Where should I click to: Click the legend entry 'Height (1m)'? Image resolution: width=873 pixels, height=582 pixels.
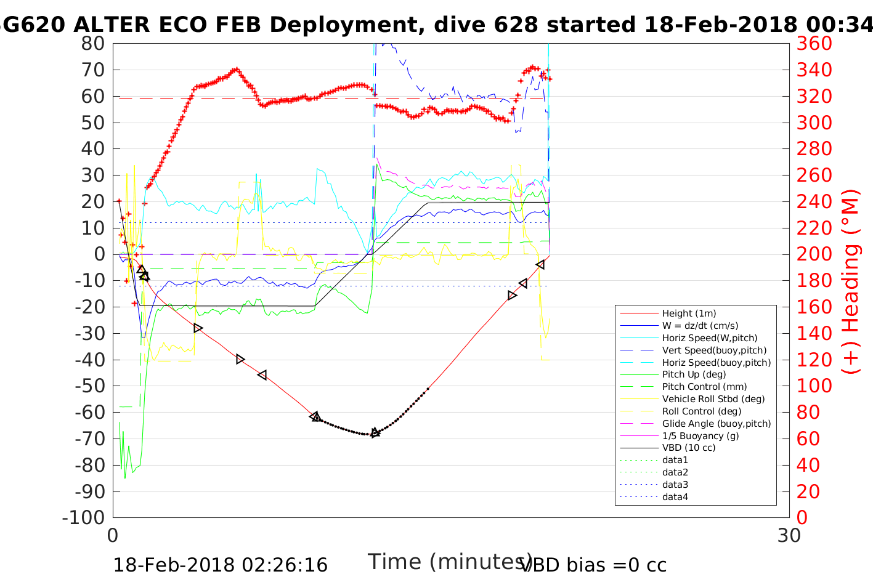[689, 313]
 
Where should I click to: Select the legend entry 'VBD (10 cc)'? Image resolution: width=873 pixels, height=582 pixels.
[689, 448]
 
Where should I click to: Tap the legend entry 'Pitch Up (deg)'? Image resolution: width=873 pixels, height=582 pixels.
[694, 374]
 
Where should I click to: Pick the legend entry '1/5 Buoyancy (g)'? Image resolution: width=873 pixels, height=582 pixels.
[700, 436]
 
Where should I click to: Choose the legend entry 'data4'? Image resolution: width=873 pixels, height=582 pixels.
[675, 497]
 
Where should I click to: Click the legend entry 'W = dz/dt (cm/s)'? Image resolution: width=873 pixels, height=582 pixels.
[700, 326]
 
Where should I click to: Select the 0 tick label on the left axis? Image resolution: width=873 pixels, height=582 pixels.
[99, 254]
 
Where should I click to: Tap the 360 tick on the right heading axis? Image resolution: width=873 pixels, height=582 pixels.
[814, 44]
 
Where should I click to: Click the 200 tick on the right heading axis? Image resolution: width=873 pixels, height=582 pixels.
[814, 254]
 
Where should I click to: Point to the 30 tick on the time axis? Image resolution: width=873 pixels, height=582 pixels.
[789, 536]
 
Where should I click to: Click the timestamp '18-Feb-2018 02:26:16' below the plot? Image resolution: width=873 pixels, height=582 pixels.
[220, 565]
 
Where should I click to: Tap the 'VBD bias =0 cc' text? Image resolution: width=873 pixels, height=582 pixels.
[593, 565]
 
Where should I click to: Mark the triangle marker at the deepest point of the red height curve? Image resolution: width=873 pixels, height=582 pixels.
[375, 433]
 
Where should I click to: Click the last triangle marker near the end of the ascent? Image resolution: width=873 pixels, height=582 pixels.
[540, 265]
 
